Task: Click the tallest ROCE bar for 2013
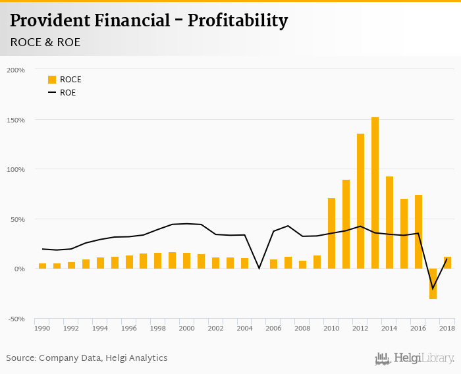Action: [375, 193]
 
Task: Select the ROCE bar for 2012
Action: [360, 201]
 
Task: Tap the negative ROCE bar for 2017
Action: [433, 284]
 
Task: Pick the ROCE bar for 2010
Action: [331, 233]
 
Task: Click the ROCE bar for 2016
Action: [418, 232]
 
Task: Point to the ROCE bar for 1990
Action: [42, 266]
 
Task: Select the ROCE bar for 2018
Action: [447, 263]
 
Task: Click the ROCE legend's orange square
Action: [52, 80]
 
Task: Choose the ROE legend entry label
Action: [68, 93]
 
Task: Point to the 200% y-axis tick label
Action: [16, 70]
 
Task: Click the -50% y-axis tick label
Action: [16, 319]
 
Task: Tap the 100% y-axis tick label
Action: [16, 169]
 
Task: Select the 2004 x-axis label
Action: [244, 328]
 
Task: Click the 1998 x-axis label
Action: [157, 328]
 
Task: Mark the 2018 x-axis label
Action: [447, 328]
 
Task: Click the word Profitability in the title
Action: [238, 21]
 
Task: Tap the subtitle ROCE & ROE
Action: [45, 42]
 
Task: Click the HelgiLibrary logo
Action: [415, 358]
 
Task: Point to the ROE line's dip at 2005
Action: [259, 268]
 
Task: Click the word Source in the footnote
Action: [21, 358]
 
